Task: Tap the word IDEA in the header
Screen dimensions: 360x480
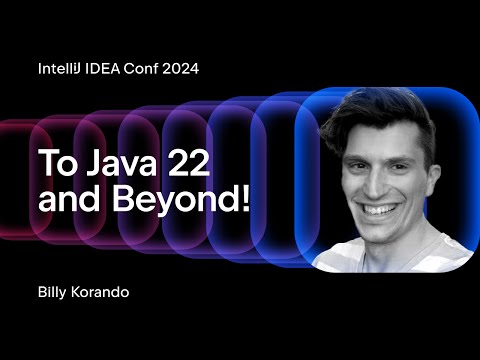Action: point(108,70)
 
